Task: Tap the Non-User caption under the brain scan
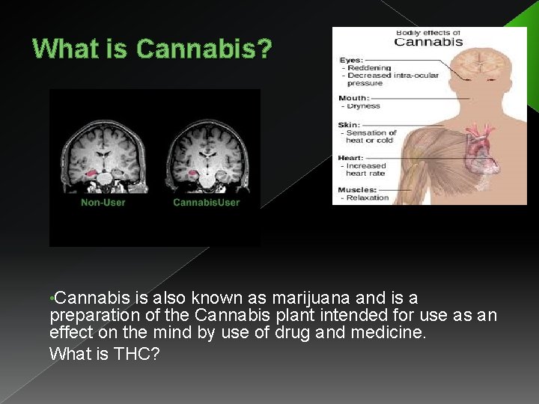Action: (x=103, y=202)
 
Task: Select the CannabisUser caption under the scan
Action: (x=206, y=202)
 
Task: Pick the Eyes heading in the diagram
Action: (x=350, y=59)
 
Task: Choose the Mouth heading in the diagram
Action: (x=353, y=98)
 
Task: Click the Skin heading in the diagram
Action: (x=349, y=125)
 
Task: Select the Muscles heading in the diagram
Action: (x=356, y=189)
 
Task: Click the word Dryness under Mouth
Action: (x=364, y=106)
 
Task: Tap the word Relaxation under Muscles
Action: (x=368, y=198)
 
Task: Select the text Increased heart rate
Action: (x=366, y=169)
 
